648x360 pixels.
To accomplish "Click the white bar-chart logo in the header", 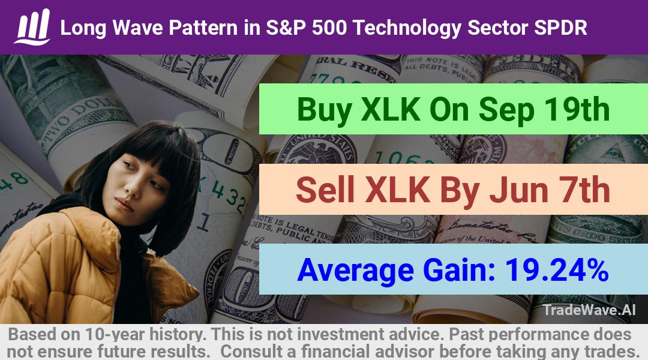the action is click(32, 27).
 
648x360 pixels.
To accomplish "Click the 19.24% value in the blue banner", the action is click(556, 269).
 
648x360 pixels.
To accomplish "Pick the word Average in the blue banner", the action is click(355, 270).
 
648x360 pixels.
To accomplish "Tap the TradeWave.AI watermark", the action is click(589, 310).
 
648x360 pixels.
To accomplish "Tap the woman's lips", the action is click(124, 204).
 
